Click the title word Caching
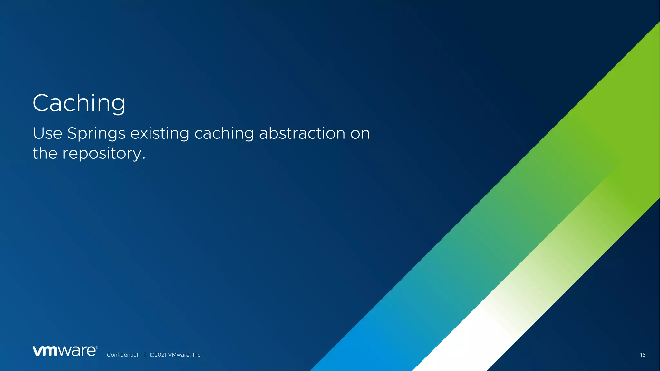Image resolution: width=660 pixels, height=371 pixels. coord(79,103)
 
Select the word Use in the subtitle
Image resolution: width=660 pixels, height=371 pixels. coord(47,133)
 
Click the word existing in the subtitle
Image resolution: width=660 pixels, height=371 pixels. coord(160,134)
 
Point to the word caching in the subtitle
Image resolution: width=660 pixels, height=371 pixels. coord(224,134)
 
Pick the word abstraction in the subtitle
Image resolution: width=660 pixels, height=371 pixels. coord(302,133)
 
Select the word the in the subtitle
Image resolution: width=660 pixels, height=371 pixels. coord(45,153)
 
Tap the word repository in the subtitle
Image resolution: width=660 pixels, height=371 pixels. coord(102,154)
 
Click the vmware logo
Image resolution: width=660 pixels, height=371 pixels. coord(65,351)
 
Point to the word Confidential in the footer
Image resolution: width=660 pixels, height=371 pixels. coord(122,355)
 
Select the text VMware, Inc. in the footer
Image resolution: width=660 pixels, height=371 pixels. coord(185,355)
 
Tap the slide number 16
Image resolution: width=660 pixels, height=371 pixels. coord(643,355)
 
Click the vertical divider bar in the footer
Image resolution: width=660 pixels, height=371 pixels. coord(145,355)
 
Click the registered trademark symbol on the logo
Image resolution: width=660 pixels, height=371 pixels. coord(97,347)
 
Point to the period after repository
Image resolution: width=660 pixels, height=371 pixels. coord(144,158)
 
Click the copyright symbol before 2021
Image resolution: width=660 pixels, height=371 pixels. coord(152,355)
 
